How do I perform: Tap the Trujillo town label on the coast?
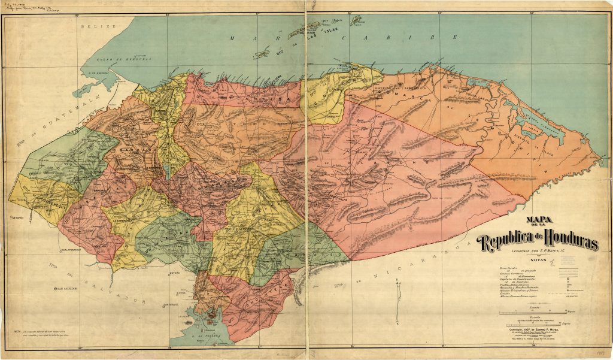343,65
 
